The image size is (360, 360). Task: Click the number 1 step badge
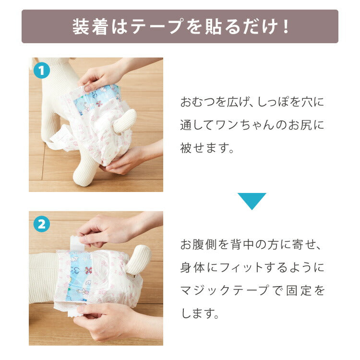click(x=42, y=71)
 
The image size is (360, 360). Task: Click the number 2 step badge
click(x=42, y=224)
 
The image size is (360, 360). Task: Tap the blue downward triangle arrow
click(x=252, y=201)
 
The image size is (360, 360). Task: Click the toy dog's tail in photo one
click(x=125, y=120)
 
